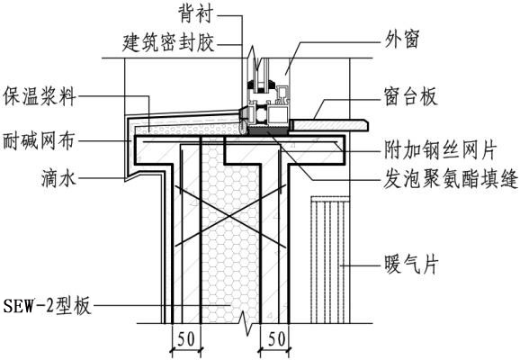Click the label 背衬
[x=195, y=14]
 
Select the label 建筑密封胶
[x=168, y=43]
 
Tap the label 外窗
[x=401, y=39]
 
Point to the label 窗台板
[x=410, y=96]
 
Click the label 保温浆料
[x=40, y=97]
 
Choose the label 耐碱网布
[x=39, y=140]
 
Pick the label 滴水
[x=58, y=178]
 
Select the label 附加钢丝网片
[x=440, y=150]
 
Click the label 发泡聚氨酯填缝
[x=451, y=179]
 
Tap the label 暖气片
[x=411, y=265]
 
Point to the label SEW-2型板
[x=47, y=306]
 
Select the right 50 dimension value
[x=276, y=338]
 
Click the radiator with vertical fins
[x=330, y=259]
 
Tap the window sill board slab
[x=330, y=125]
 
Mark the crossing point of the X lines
[x=229, y=217]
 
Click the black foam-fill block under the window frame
[x=268, y=131]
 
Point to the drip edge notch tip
[x=125, y=182]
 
